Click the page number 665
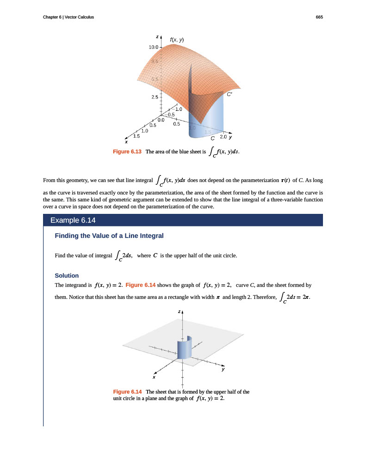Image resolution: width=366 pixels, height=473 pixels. pos(319,17)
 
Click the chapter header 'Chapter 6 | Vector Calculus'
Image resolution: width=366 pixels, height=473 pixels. pos(68,17)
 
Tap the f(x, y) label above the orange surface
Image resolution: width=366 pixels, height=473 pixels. pos(177,40)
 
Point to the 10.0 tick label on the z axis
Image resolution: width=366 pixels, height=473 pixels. pos(153,47)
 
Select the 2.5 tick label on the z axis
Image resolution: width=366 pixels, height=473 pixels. pos(154,97)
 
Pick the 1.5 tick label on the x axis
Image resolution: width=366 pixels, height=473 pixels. pos(136,136)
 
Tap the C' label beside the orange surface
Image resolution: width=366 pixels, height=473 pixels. pos(229,94)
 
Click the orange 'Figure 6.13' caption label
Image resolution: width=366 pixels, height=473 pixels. pos(127,152)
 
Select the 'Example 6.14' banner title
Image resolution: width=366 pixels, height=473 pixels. pos(73,220)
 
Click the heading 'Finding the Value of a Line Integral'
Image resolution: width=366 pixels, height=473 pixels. pos(109,236)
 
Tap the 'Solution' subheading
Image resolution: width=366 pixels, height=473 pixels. pos(67,275)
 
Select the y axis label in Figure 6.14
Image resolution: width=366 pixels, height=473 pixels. pos(223,369)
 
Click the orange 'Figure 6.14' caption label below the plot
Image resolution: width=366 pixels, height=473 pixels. pos(127,392)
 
